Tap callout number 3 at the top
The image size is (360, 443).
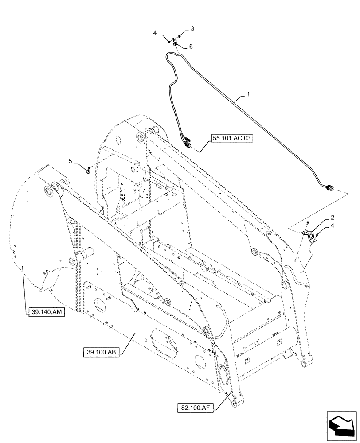point(192,29)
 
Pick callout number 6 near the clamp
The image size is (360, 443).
point(191,47)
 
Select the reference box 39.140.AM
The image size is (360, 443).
point(46,312)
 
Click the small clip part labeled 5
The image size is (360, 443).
point(88,169)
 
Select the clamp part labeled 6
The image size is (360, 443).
point(176,43)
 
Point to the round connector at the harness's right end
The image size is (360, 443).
point(329,189)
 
